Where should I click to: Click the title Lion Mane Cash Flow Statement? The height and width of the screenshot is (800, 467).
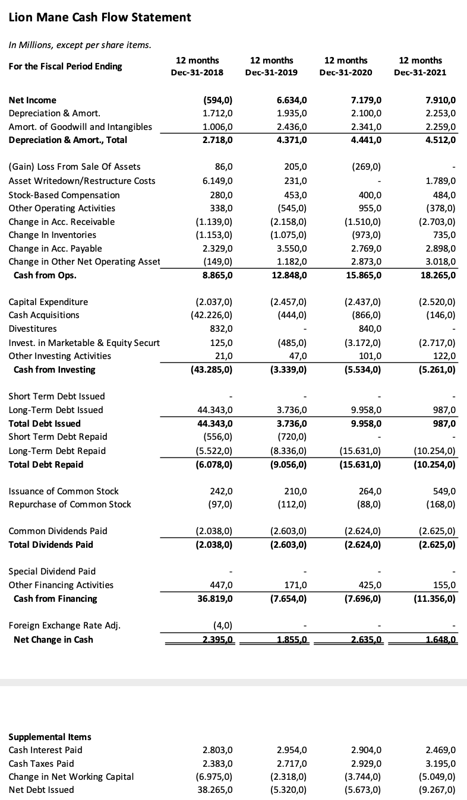(100, 17)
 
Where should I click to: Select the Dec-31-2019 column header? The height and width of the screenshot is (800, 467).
(271, 66)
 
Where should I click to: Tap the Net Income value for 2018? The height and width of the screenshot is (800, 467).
(218, 100)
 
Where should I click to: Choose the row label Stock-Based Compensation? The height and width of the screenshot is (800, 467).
(64, 195)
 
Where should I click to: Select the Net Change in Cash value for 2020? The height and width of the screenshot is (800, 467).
(364, 639)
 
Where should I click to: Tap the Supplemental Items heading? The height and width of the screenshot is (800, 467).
(50, 736)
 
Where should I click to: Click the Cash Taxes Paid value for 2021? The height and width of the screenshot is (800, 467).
(440, 763)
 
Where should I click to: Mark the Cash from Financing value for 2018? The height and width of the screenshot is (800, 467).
(215, 598)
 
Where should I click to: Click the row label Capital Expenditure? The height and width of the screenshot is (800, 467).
(48, 302)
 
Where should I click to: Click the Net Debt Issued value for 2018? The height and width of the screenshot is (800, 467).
(215, 789)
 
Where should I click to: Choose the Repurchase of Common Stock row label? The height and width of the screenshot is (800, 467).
(70, 504)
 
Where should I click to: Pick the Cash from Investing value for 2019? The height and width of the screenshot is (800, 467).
(287, 369)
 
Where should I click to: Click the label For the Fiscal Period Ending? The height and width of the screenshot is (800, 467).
(65, 66)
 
